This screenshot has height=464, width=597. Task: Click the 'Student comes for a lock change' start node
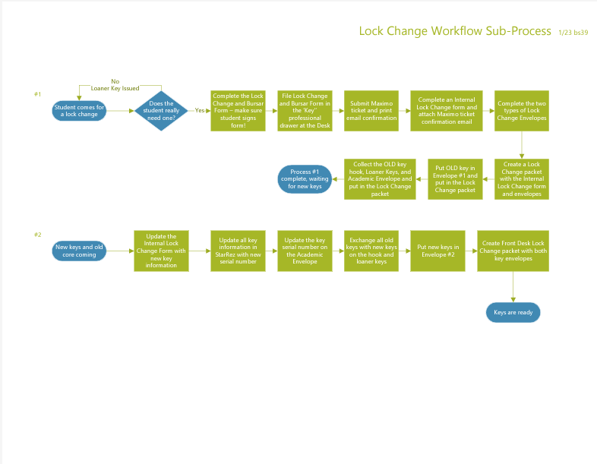tap(79, 111)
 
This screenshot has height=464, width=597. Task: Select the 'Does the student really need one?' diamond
tap(161, 111)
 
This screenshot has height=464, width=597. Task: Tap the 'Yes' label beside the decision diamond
tap(200, 110)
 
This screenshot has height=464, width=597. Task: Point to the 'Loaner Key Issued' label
tap(115, 88)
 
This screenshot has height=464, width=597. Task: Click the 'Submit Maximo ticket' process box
tap(371, 111)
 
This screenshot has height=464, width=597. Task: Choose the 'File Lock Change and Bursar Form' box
tap(305, 111)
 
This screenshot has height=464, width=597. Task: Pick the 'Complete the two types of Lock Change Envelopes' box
tap(522, 111)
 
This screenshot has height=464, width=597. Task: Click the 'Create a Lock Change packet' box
tap(522, 179)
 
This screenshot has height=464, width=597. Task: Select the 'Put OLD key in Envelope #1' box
tap(455, 179)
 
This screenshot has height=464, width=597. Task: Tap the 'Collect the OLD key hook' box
tap(380, 179)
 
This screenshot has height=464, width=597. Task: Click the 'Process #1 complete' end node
tap(305, 179)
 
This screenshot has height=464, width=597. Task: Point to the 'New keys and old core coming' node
tap(79, 251)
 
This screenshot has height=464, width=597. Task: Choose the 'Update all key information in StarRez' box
tap(238, 251)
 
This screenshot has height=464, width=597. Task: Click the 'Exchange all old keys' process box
tap(371, 251)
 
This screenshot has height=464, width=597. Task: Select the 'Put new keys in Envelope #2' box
tap(437, 251)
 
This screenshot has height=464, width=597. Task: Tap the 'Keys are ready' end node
tap(513, 313)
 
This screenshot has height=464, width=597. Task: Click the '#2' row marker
tap(38, 235)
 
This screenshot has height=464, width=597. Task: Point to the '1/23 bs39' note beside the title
tap(573, 33)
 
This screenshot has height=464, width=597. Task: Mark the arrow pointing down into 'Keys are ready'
tap(513, 286)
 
